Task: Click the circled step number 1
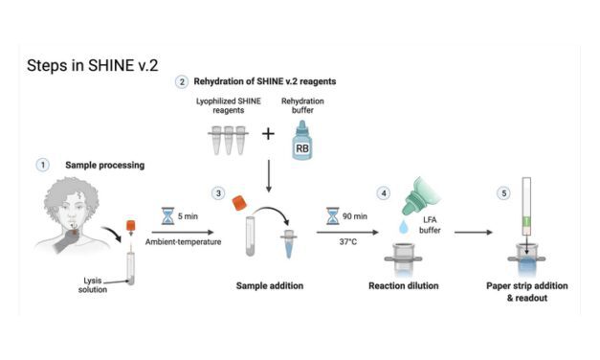pos(42,165)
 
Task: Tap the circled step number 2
pos(182,82)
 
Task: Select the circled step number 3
pos(218,193)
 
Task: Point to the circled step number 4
pos(384,193)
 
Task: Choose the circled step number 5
pos(504,193)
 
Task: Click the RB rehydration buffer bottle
pos(302,140)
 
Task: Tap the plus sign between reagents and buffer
pos(268,134)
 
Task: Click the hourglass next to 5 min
pos(167,216)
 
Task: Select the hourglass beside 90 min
pos(332,216)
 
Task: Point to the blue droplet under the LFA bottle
pos(404,226)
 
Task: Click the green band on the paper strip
pos(527,221)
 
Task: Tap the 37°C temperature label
pos(347,242)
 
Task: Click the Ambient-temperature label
pos(184,242)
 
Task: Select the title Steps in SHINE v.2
pos(92,65)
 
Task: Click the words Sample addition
pos(270,285)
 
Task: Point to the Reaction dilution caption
pos(404,285)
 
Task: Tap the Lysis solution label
pos(93,285)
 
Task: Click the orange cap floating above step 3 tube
pos(240,203)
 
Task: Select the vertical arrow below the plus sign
pos(269,176)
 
